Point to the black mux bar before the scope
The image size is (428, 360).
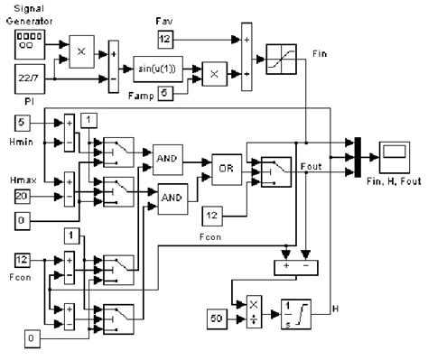click(358, 154)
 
